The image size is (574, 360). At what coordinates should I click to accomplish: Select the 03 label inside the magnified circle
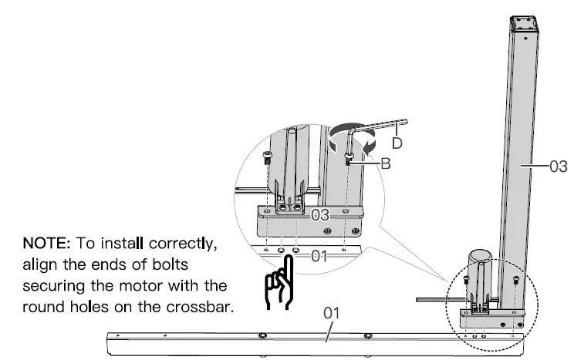pos(321,214)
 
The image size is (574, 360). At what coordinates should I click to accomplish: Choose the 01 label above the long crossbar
pos(331,313)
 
